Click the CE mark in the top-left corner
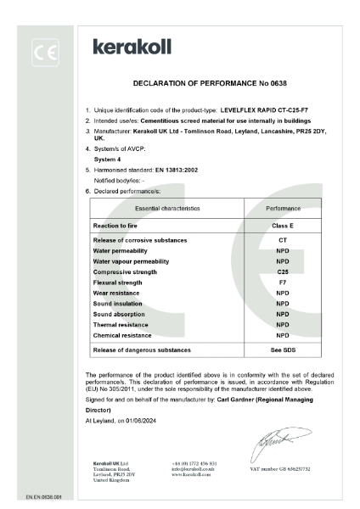click(45, 54)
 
